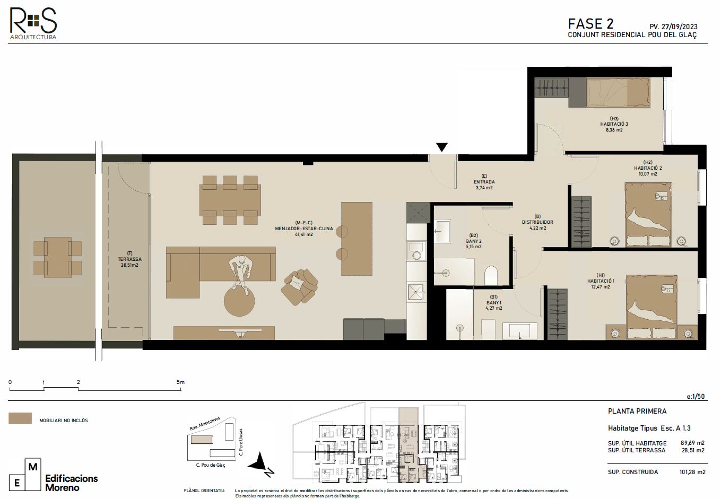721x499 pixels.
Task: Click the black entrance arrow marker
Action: pyautogui.click(x=442, y=147)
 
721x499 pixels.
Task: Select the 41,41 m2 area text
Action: pyautogui.click(x=304, y=234)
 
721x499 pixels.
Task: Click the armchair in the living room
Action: pyautogui.click(x=300, y=287)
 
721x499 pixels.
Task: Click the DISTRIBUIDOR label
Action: pyautogui.click(x=537, y=222)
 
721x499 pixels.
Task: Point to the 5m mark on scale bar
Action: pyautogui.click(x=180, y=382)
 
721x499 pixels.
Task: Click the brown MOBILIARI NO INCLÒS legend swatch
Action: pyautogui.click(x=20, y=419)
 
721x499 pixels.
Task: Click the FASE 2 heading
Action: pyautogui.click(x=590, y=24)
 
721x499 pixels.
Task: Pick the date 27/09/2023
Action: pyautogui.click(x=679, y=27)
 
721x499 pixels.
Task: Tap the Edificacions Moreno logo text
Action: pyautogui.click(x=72, y=483)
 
